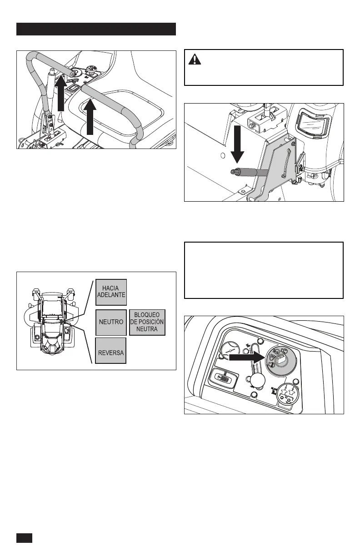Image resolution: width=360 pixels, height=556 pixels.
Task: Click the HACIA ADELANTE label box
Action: click(x=111, y=292)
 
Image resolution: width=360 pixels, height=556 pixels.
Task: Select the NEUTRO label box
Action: click(x=111, y=322)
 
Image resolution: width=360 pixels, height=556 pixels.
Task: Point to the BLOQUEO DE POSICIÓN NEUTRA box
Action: click(x=147, y=322)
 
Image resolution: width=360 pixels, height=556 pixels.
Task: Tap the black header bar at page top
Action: click(x=96, y=29)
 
